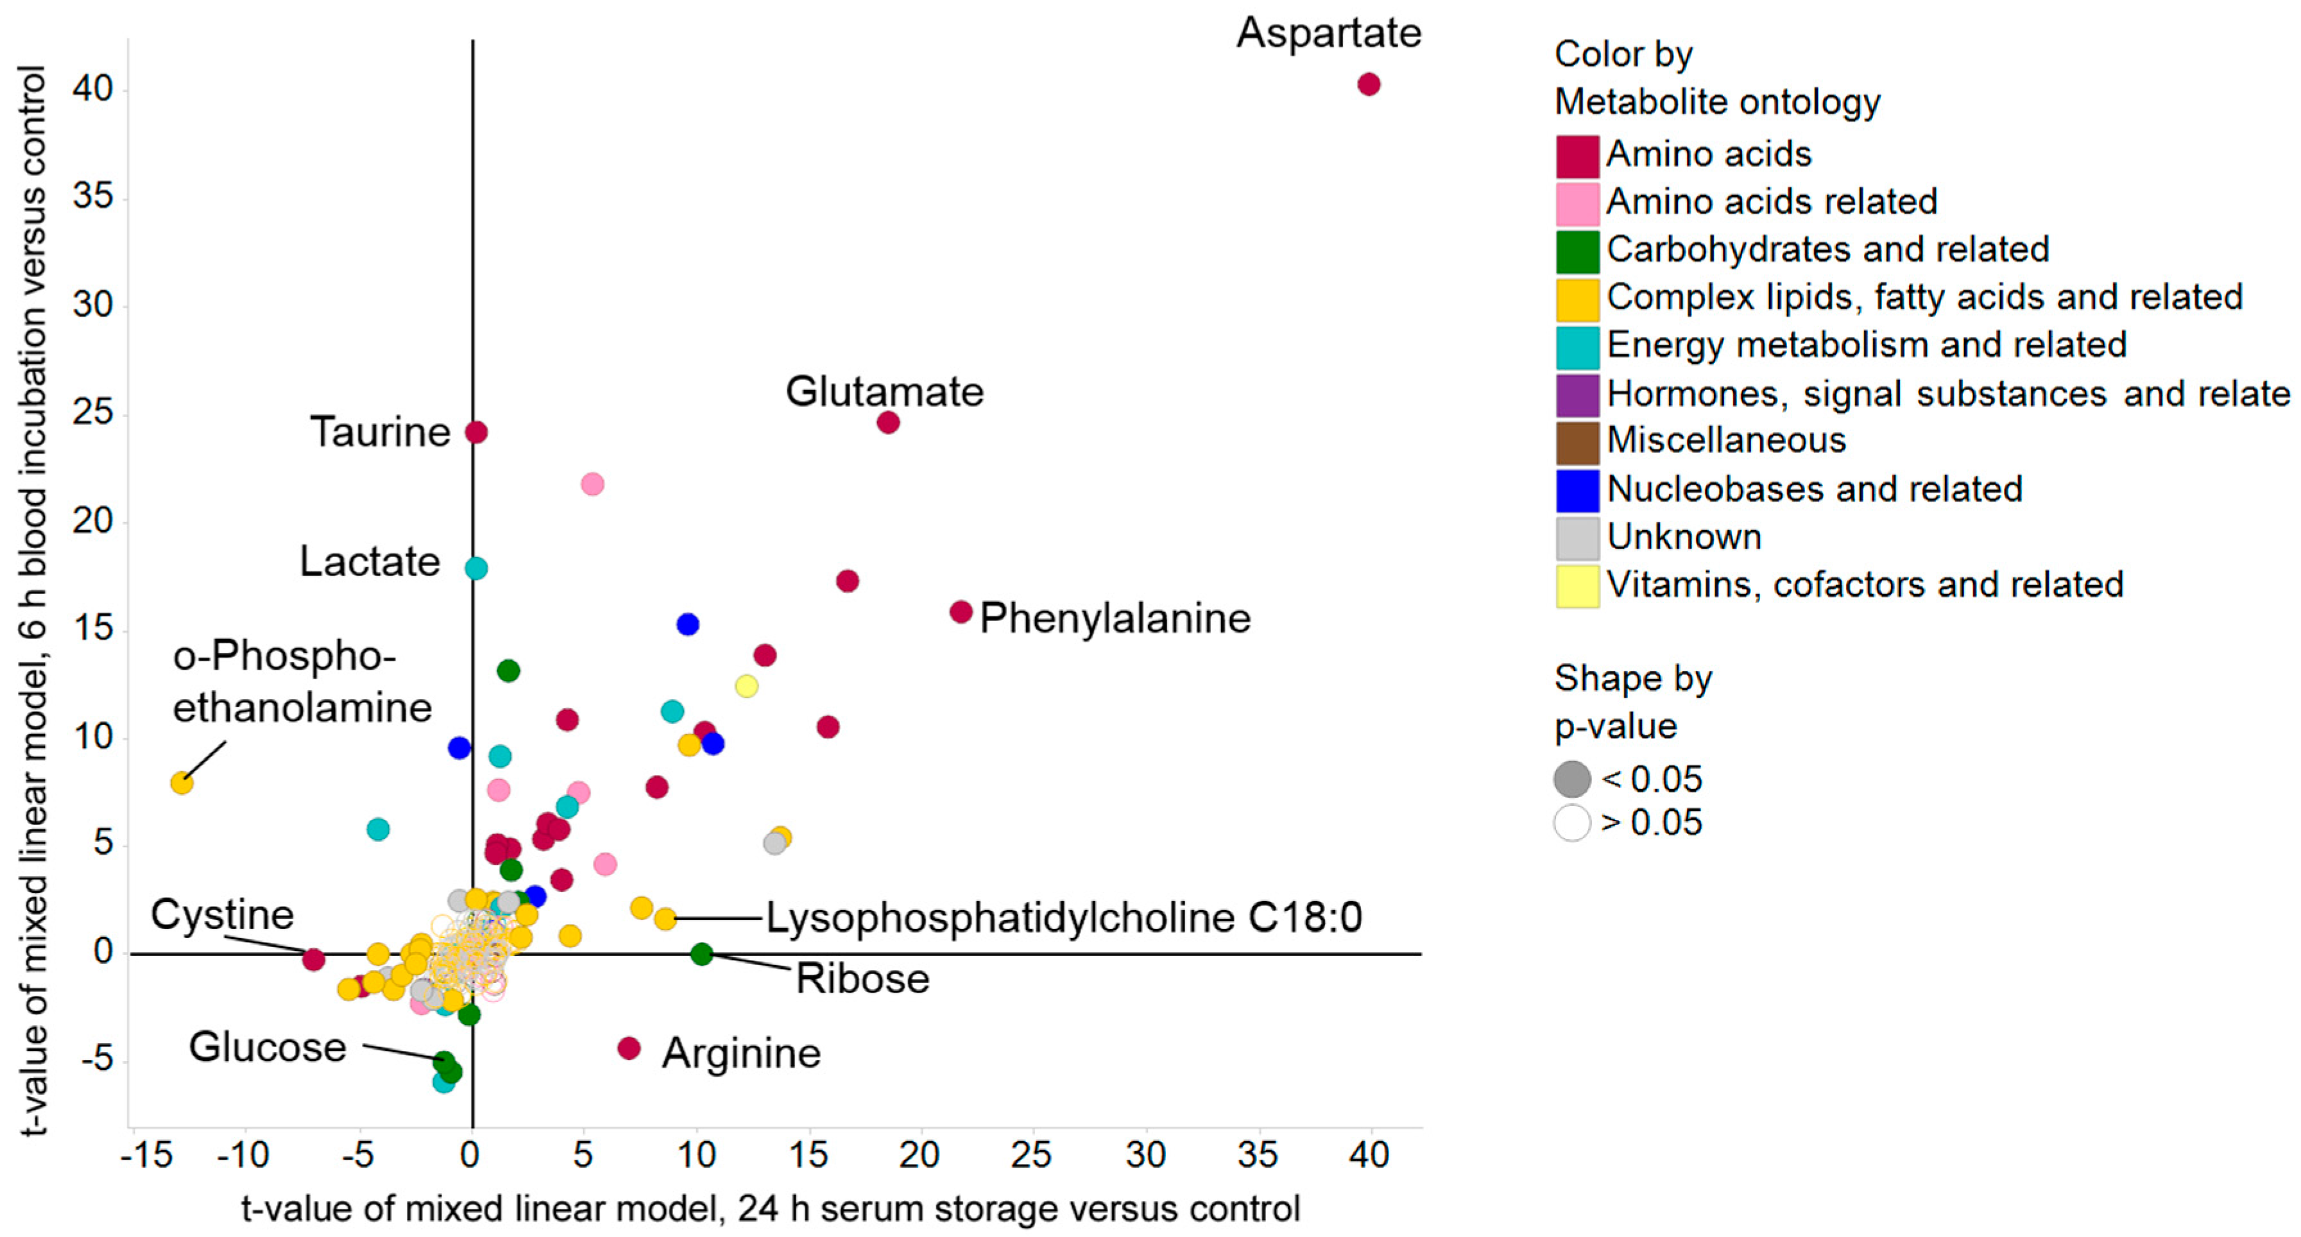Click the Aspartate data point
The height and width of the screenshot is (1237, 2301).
point(1369,84)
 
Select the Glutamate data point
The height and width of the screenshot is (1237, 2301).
point(888,422)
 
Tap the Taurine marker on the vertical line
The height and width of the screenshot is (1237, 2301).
point(476,432)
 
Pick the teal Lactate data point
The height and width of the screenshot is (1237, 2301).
point(476,568)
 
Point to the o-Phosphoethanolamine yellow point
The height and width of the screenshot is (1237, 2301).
point(182,783)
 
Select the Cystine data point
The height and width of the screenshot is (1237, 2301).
point(312,959)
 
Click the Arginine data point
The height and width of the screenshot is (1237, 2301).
point(629,1048)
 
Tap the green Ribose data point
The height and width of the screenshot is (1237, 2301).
point(702,954)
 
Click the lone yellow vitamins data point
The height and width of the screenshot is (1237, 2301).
point(747,686)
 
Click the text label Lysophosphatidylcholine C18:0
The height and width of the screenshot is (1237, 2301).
point(1064,917)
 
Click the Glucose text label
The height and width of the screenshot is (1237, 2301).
point(267,1046)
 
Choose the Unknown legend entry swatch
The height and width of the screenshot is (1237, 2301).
point(1577,538)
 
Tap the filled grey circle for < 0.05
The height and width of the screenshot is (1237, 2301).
point(1572,779)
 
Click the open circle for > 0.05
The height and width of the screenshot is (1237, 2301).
point(1572,823)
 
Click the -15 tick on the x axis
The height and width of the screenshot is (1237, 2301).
point(146,1155)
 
